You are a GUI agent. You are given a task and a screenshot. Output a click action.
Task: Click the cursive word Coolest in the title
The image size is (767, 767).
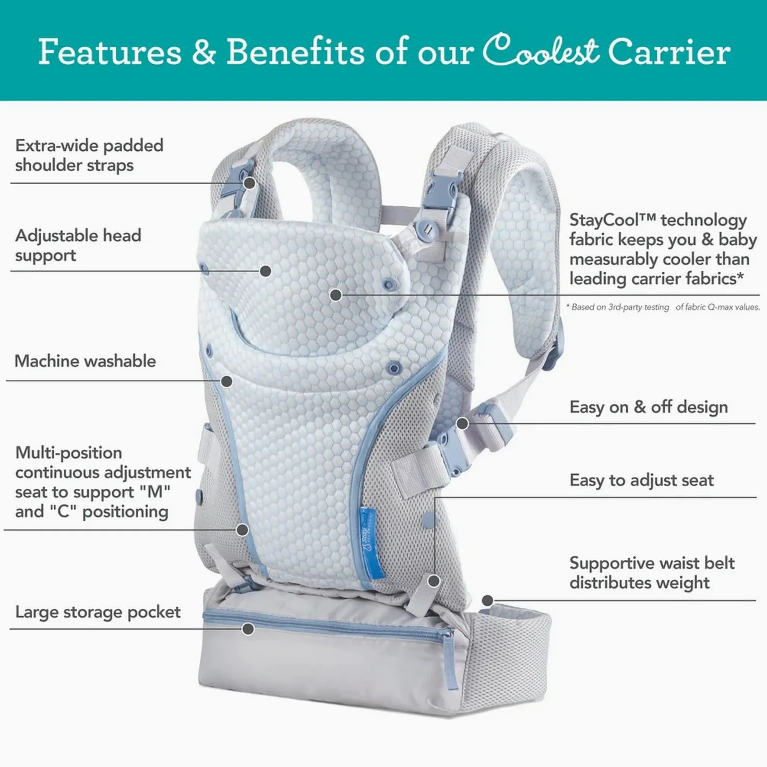(541, 50)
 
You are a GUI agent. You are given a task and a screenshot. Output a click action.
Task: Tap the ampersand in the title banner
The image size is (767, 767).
(204, 52)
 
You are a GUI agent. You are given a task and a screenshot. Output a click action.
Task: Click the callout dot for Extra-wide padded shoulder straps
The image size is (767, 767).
(249, 183)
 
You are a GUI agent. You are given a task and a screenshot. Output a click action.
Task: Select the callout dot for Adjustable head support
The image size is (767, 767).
(266, 271)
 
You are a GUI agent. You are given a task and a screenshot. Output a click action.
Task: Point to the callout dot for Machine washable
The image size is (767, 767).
(226, 381)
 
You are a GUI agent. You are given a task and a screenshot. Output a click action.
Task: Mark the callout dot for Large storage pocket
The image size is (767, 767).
(248, 629)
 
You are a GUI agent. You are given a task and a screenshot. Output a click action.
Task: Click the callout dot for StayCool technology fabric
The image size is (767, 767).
(336, 295)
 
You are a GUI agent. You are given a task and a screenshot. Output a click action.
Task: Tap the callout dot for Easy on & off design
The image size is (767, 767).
(462, 424)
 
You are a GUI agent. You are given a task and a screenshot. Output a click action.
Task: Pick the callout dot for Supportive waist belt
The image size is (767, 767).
(487, 601)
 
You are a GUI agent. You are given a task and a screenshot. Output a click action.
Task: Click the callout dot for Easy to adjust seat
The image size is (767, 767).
(434, 581)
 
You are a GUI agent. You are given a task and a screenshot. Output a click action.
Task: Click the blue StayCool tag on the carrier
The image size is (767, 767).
(367, 541)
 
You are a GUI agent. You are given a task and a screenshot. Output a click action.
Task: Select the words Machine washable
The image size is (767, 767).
(85, 361)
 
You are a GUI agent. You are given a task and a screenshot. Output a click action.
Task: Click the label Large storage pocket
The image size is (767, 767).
(98, 612)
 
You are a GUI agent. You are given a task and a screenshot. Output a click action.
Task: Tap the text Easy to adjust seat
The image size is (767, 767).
(642, 480)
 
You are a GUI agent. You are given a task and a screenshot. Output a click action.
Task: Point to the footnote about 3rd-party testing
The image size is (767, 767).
(663, 307)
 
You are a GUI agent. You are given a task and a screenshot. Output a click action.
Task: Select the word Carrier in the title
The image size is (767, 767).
(669, 52)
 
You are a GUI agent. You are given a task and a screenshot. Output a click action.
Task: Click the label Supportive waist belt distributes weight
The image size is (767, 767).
(652, 573)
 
